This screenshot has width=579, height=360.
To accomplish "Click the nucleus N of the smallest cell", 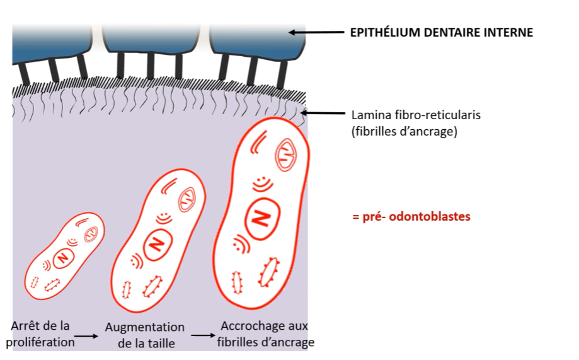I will pos(62,257).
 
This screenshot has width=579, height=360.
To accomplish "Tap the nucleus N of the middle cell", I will pos(154,243).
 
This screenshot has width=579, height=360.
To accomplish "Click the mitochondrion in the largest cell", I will pos(287,154).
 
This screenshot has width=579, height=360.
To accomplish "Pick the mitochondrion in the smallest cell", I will pos(91,233).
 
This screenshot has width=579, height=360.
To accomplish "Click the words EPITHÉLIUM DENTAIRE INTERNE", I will pos(441,32).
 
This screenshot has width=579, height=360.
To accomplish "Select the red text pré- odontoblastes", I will pos(411,217).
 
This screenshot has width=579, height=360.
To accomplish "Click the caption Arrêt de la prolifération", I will pos(40,334).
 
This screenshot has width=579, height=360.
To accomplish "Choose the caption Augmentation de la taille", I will pos(144,335).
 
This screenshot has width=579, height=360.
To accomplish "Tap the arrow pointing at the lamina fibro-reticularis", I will pos(324,113).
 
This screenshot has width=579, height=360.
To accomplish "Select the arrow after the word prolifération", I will pos(89,337).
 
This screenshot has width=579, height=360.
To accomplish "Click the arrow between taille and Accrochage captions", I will pos(202,335).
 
